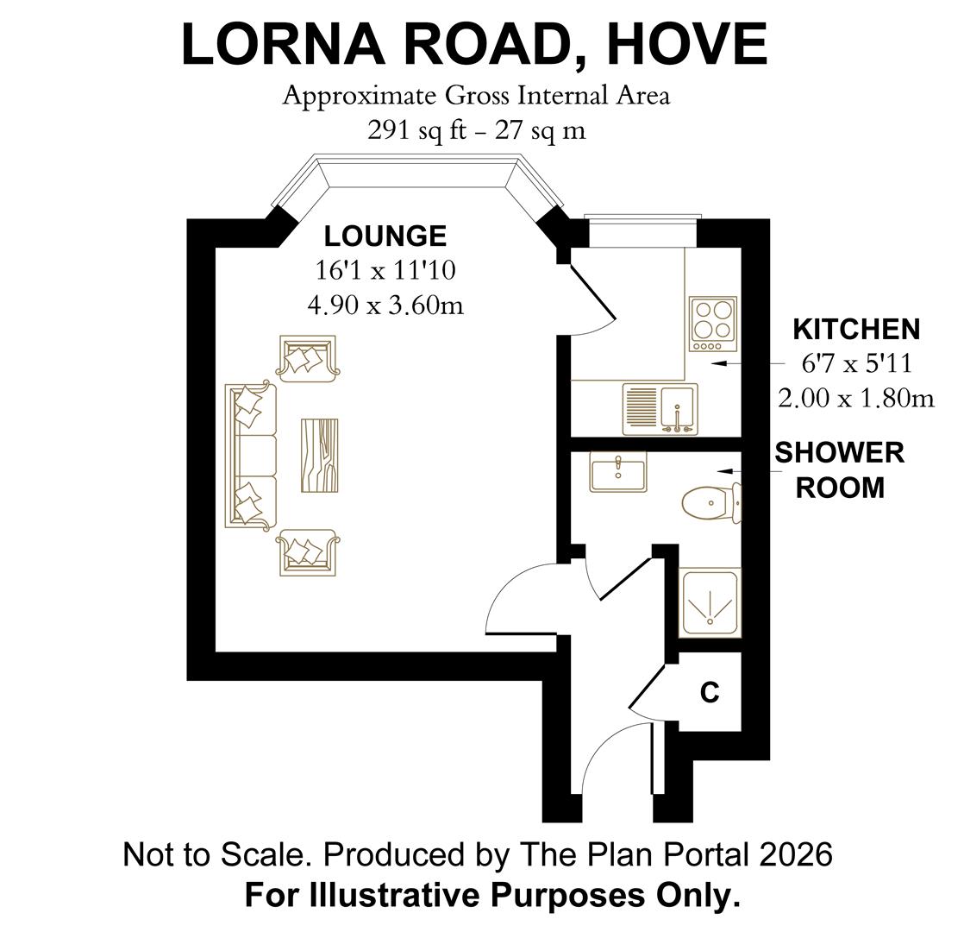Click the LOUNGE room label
[385, 236]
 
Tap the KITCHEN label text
[855, 330]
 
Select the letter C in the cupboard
[710, 693]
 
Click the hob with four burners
[713, 324]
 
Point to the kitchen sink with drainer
[660, 409]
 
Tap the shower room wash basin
[618, 473]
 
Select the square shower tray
[710, 602]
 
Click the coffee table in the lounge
[319, 455]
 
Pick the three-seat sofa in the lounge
[251, 455]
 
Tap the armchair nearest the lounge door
[307, 553]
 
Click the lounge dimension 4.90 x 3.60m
[385, 305]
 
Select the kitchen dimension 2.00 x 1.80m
[855, 398]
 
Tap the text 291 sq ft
[410, 129]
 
